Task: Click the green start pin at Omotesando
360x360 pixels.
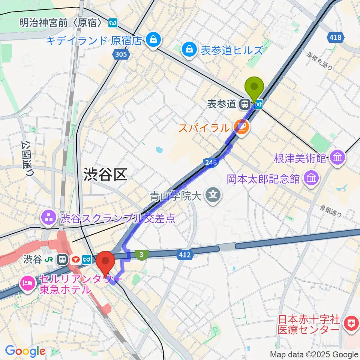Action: point(254,87)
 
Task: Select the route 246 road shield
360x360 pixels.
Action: point(211,162)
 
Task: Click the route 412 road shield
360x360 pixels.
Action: point(184,255)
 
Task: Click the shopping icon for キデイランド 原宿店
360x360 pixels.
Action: point(153,40)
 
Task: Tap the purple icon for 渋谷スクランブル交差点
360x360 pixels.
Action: point(49,217)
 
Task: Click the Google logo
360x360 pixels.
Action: point(25,351)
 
